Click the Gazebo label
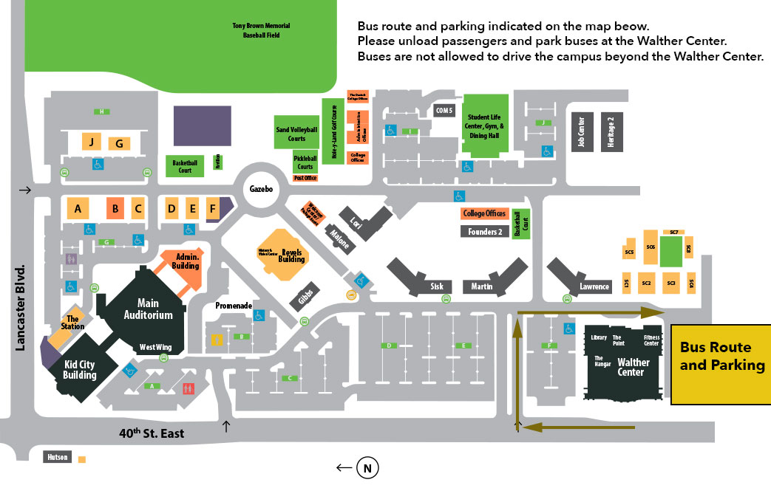[x=261, y=190]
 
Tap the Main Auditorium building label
[x=154, y=309]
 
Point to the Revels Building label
[x=291, y=255]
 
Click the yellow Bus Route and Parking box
[x=721, y=365]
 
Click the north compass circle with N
[x=367, y=467]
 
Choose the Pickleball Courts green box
[x=304, y=162]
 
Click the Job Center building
[x=581, y=132]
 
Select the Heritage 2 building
[x=610, y=132]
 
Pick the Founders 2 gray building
[x=484, y=232]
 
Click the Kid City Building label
[x=79, y=370]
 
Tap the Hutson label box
[x=58, y=457]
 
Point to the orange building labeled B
[x=115, y=209]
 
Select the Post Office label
[x=305, y=178]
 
